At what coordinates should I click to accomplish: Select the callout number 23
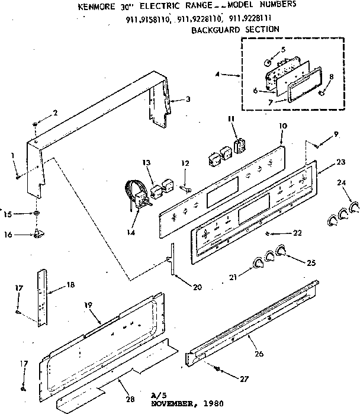coord(340,162)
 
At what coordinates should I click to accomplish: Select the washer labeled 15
coord(36,212)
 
